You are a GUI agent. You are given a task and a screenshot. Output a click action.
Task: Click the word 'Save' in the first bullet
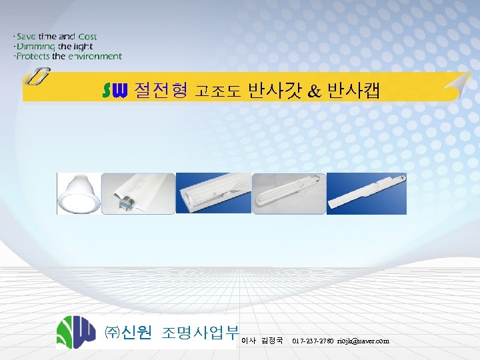pyautogui.click(x=27, y=37)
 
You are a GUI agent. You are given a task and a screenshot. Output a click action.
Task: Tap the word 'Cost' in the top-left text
pyautogui.click(x=87, y=37)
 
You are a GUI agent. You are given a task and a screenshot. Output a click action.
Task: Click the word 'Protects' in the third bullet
pyautogui.click(x=33, y=57)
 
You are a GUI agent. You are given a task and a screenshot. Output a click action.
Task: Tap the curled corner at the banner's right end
pyautogui.click(x=456, y=85)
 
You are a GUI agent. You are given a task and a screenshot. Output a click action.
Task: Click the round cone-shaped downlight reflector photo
pyautogui.click(x=79, y=194)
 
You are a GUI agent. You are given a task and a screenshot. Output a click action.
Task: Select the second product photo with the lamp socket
pyautogui.click(x=139, y=194)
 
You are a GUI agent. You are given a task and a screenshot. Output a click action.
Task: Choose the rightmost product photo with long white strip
pyautogui.click(x=366, y=194)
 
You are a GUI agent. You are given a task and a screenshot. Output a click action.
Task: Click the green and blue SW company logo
pyautogui.click(x=77, y=332)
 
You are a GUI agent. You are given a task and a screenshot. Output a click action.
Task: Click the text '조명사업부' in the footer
pyautogui.click(x=200, y=333)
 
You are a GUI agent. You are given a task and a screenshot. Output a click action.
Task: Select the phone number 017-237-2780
pyautogui.click(x=313, y=341)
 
